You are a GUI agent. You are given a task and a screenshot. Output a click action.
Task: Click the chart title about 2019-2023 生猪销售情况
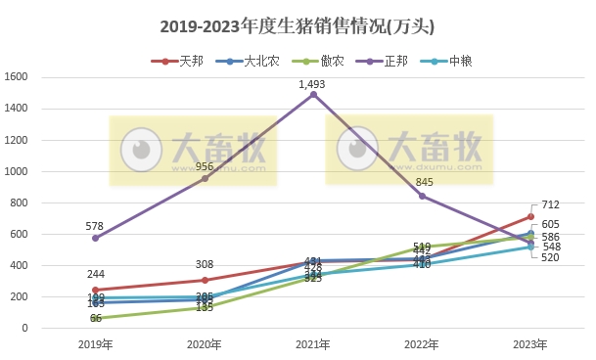point(298,26)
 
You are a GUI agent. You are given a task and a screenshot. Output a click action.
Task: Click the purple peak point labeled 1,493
point(313,95)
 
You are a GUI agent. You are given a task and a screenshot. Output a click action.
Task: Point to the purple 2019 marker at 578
point(95,238)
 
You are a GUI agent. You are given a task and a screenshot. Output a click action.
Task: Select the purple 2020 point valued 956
point(205,178)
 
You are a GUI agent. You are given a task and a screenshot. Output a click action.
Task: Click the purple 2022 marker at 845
point(422,196)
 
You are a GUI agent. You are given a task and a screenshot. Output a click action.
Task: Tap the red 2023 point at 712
point(530,216)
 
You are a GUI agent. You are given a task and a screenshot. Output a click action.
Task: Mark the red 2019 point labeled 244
point(95,290)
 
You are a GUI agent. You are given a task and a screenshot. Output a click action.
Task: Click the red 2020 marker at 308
point(205,280)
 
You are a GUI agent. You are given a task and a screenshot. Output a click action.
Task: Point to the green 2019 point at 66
point(95,318)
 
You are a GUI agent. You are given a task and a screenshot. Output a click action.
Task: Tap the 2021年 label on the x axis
point(313,344)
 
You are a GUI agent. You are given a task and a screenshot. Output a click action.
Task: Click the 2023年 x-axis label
point(530,344)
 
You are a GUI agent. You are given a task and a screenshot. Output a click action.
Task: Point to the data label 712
point(550,205)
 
